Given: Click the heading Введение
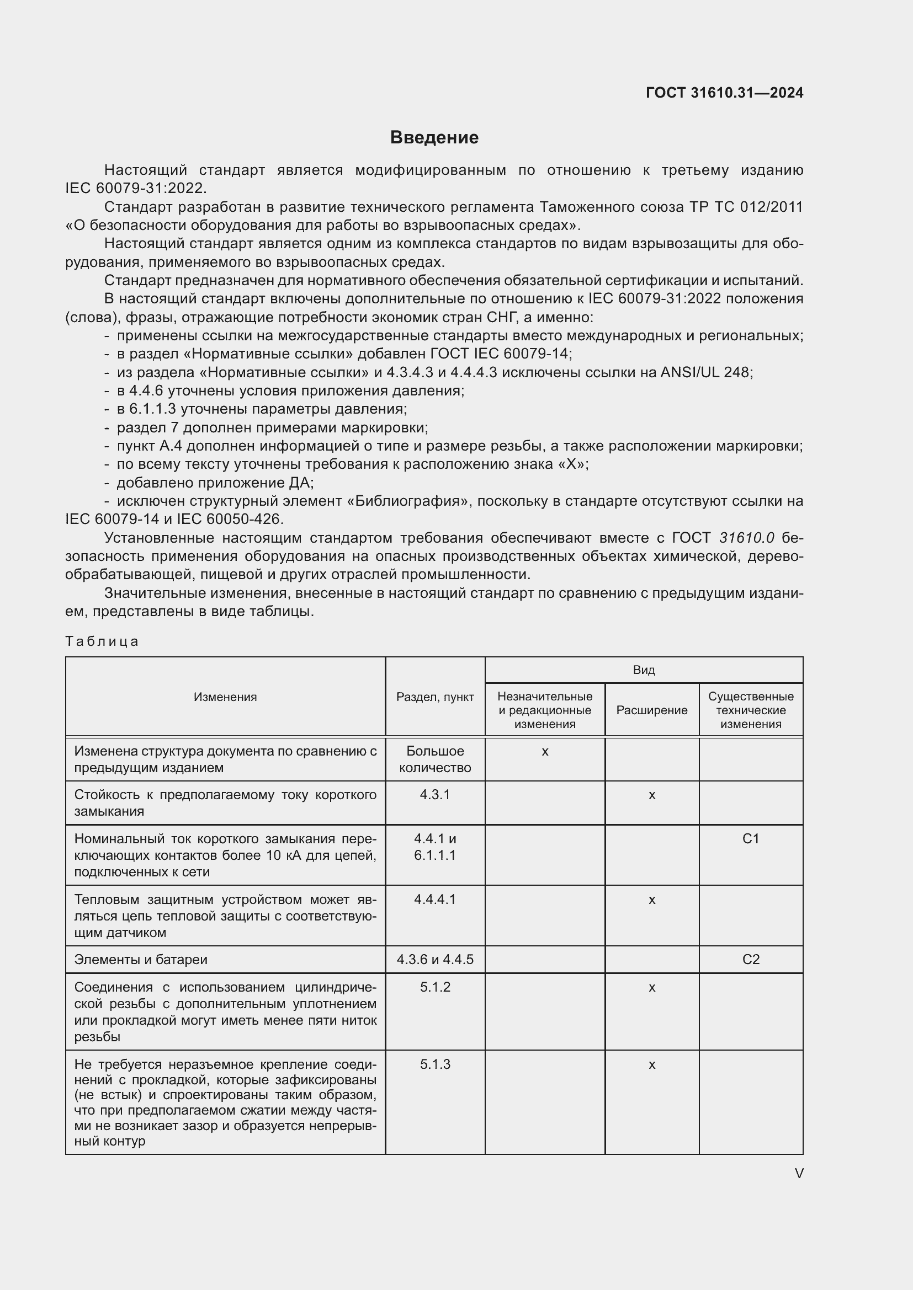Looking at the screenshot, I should [434, 138].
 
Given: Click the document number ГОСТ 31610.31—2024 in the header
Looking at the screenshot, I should [724, 93].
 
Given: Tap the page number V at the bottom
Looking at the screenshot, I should [799, 1173].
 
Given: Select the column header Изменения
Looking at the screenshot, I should [225, 697].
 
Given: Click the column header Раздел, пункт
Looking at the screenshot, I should [434, 697].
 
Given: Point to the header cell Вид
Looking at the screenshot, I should [644, 670].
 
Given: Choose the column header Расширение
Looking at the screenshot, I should [651, 710].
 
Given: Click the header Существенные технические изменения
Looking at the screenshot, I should [751, 710].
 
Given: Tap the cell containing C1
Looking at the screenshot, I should [751, 839].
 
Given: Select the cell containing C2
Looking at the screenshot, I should [751, 960].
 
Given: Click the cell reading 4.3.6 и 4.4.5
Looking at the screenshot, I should [434, 960].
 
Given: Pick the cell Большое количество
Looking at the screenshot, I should [434, 759].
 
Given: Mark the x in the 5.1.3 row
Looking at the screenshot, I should [651, 1064].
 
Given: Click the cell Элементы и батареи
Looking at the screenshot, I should [141, 960].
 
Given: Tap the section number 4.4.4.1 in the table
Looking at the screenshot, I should [434, 900].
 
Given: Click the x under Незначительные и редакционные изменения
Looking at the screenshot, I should [545, 751].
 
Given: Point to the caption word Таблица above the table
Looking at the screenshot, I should [102, 641].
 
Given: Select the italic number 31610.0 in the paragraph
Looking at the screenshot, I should [747, 538].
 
